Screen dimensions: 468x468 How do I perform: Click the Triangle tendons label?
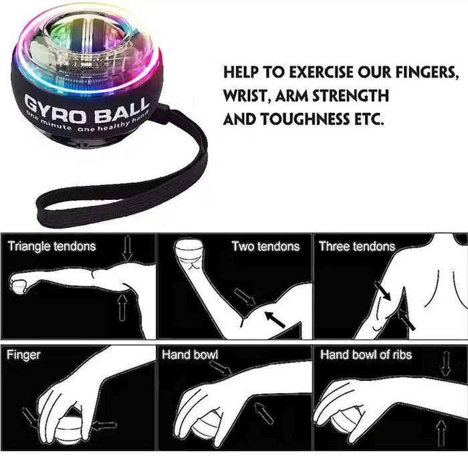coord(51,246)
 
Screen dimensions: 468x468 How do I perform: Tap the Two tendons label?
coord(265,246)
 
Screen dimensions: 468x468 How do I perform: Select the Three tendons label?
coord(357,246)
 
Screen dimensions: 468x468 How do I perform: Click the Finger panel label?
coord(23,354)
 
